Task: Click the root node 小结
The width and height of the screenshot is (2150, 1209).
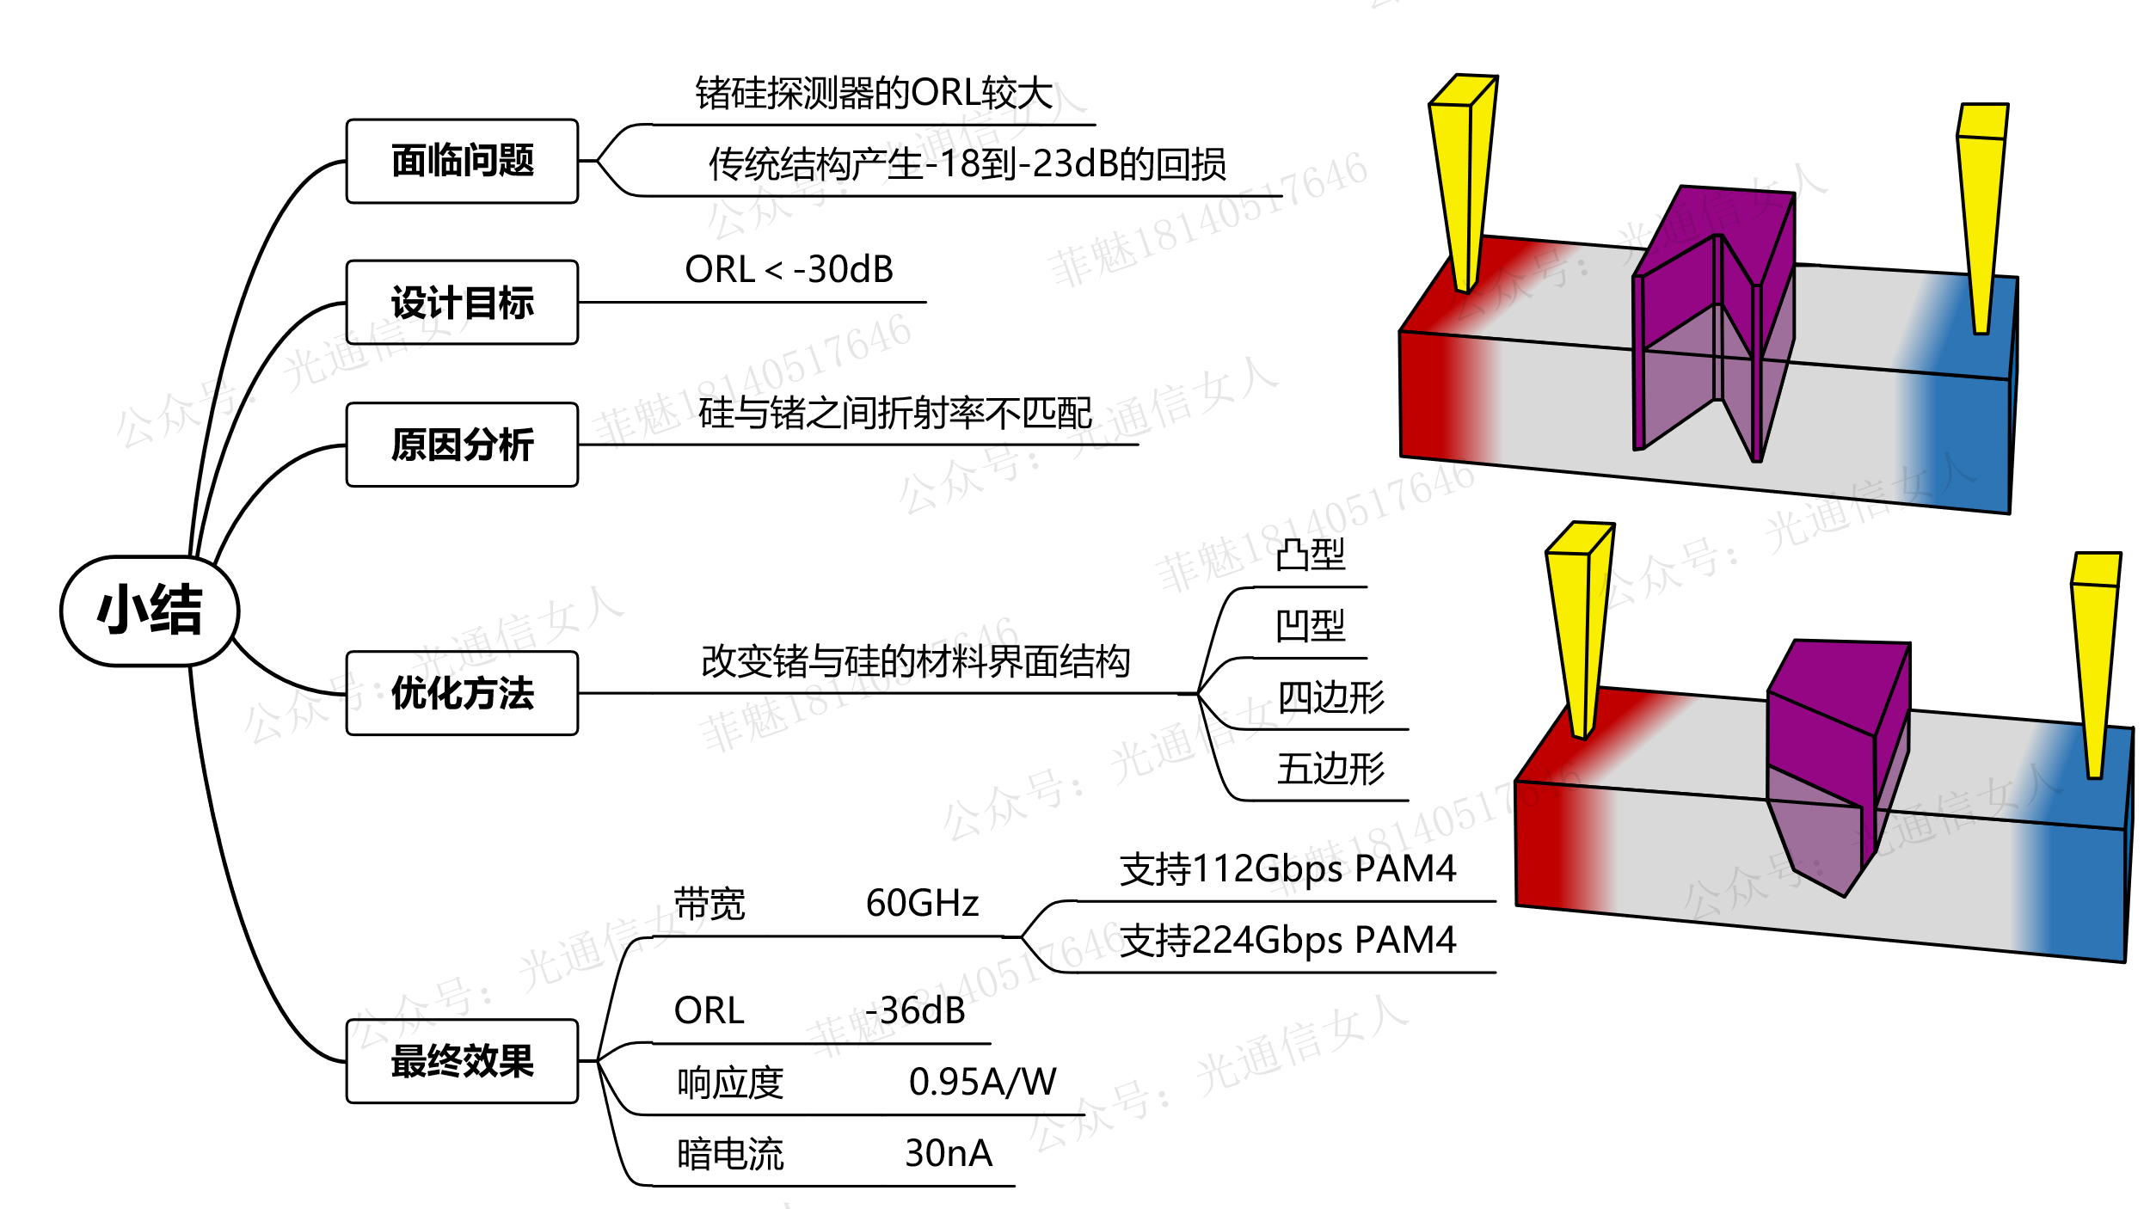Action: (x=150, y=611)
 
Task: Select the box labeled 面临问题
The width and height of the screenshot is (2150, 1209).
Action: (x=462, y=161)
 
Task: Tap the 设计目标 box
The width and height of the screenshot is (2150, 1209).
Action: (x=462, y=303)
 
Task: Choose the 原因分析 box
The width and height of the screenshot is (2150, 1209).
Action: (x=462, y=445)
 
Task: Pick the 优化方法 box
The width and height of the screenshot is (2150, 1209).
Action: (x=462, y=693)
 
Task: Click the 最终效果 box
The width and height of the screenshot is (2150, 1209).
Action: (x=462, y=1061)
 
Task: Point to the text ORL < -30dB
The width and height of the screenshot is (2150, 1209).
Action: (x=789, y=270)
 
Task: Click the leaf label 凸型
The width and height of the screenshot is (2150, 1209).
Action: (x=1310, y=555)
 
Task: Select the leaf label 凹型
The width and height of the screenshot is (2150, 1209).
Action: (x=1310, y=626)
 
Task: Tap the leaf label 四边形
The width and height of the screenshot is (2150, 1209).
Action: (x=1330, y=697)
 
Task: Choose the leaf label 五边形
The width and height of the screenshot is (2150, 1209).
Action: (x=1330, y=769)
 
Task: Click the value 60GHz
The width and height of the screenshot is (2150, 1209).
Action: (x=922, y=904)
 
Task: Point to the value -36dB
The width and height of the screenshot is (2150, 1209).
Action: (x=915, y=1010)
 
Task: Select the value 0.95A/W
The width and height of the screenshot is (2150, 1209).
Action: (x=982, y=1082)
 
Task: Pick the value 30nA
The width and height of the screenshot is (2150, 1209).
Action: (x=949, y=1153)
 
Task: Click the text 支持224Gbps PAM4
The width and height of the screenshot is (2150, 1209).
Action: (x=1287, y=940)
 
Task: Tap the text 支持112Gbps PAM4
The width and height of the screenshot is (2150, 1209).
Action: (x=1287, y=868)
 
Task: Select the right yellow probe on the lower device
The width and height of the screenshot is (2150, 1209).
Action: (x=2095, y=662)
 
